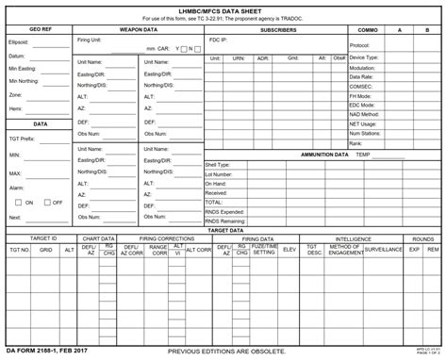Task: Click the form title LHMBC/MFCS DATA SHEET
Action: point(223,8)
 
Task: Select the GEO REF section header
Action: point(41,30)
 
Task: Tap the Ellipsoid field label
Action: point(19,42)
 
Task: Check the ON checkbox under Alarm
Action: point(18,203)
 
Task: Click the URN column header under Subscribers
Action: point(239,58)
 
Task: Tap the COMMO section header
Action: point(368,30)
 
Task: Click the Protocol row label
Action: point(359,45)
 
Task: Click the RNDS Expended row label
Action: point(224,212)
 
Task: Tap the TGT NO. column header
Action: point(19,251)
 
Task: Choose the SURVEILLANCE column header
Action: point(384,251)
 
